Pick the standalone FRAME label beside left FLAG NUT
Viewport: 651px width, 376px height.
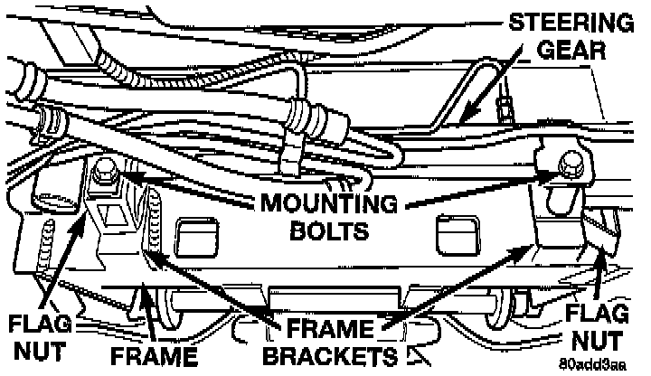(x=155, y=354)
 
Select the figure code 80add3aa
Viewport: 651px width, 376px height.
(x=591, y=366)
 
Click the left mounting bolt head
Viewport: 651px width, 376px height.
(x=102, y=168)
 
